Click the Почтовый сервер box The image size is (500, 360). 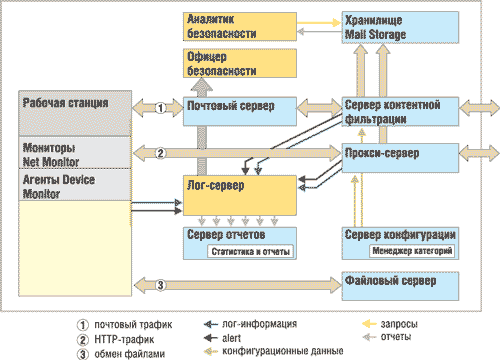240,110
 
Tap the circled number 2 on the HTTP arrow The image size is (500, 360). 160,152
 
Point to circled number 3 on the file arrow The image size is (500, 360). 160,287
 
